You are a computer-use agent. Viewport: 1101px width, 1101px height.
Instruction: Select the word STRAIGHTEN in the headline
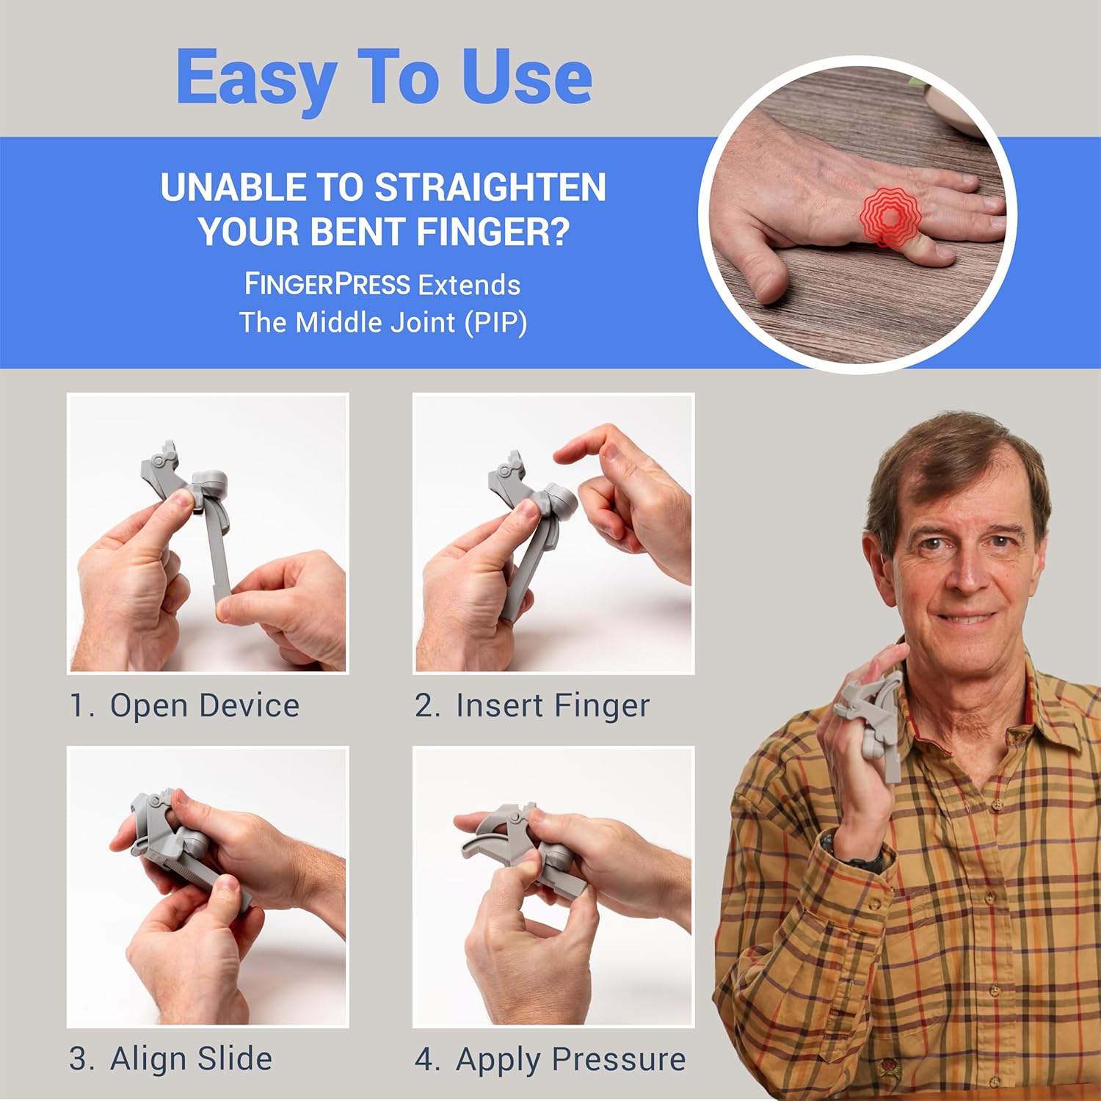pos(490,188)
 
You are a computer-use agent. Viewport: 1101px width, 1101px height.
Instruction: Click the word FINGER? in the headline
pos(493,232)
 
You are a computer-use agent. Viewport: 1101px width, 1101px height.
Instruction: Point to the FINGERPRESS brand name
pos(327,285)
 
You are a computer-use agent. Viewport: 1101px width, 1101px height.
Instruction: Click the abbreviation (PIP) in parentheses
pos(495,323)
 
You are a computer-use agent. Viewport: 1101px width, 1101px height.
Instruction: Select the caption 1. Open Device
pos(184,706)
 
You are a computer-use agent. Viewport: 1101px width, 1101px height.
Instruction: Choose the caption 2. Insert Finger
pos(532,706)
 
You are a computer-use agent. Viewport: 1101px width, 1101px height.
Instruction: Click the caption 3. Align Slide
pos(170,1059)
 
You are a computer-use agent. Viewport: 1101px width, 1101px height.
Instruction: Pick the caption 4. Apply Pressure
pos(550,1059)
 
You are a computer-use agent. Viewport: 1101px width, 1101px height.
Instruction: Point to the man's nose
pos(967,576)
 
